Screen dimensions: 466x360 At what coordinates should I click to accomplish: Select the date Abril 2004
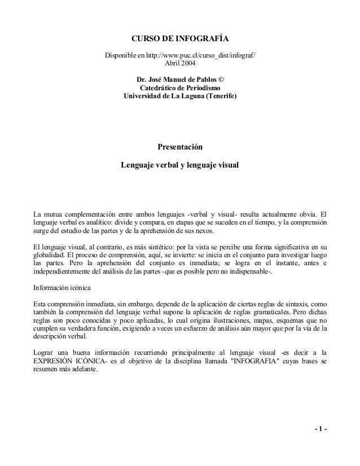click(180, 64)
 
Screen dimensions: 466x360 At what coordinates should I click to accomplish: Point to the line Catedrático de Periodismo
click(180, 89)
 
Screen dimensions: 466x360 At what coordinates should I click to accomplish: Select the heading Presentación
click(179, 148)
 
